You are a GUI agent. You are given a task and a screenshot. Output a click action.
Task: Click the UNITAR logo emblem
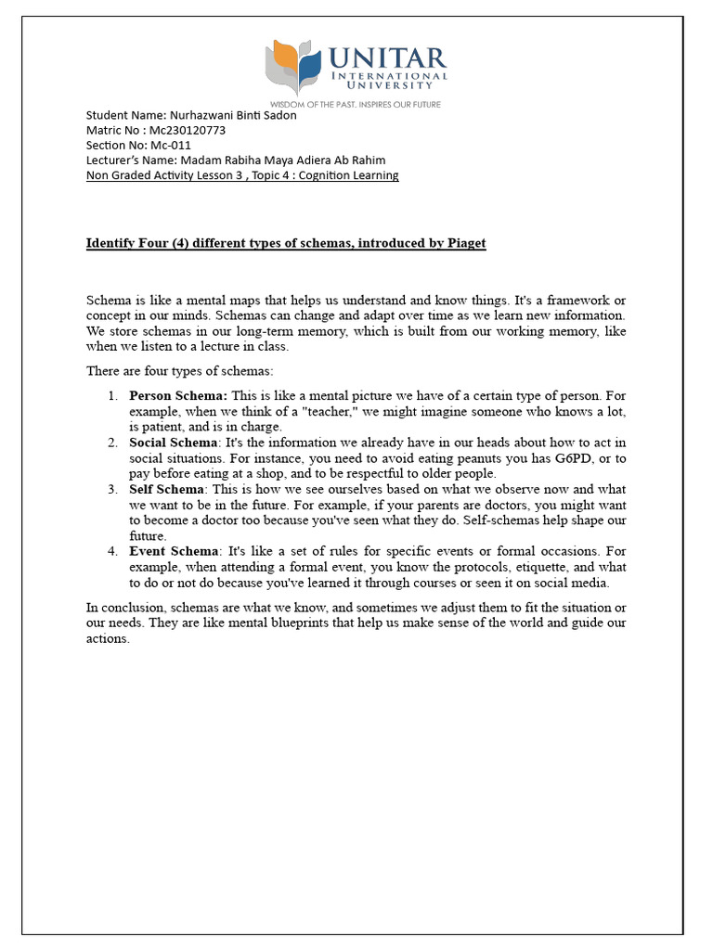click(x=295, y=68)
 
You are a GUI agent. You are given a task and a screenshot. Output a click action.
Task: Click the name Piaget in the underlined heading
click(x=463, y=243)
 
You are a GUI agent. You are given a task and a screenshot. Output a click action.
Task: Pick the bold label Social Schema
click(x=173, y=443)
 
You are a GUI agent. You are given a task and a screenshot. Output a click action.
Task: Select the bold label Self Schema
click(x=167, y=489)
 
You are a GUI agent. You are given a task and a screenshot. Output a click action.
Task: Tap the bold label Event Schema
click(x=172, y=551)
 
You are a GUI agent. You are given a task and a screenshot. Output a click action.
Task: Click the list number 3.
click(x=111, y=489)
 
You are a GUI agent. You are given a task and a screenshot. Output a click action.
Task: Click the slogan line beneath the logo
click(x=356, y=105)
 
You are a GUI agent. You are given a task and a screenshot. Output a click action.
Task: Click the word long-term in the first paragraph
click(x=247, y=331)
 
